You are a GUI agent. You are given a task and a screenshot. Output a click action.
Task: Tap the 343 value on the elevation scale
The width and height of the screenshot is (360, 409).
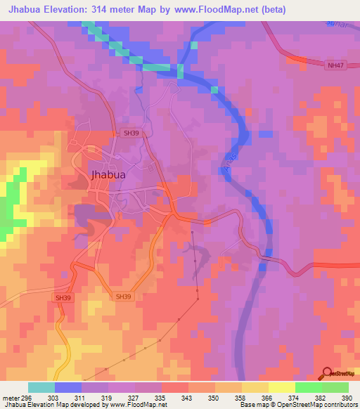click(x=188, y=397)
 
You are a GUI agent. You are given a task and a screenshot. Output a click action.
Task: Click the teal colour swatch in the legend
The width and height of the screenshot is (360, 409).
click(x=41, y=387)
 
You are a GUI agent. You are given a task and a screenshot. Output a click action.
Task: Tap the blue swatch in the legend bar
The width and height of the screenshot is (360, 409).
click(x=68, y=387)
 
